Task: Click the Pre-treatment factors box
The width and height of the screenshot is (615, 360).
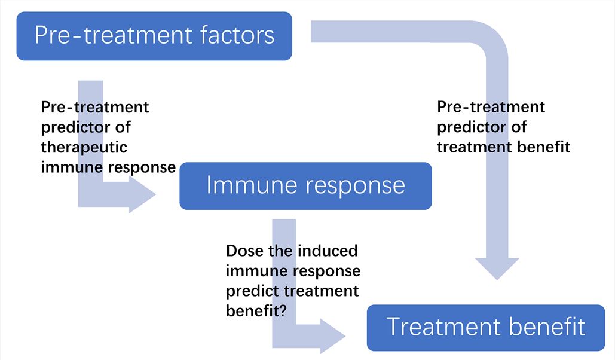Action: (x=154, y=36)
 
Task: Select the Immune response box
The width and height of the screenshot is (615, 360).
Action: (x=305, y=186)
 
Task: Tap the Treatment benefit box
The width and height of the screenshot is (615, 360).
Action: (x=485, y=328)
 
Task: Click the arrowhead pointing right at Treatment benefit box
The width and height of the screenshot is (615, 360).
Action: (x=333, y=335)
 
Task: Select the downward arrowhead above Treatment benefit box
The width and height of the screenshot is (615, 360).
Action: (x=497, y=268)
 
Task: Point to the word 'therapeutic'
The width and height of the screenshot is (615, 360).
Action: (x=84, y=147)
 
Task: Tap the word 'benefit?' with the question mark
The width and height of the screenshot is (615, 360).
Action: (x=253, y=311)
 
